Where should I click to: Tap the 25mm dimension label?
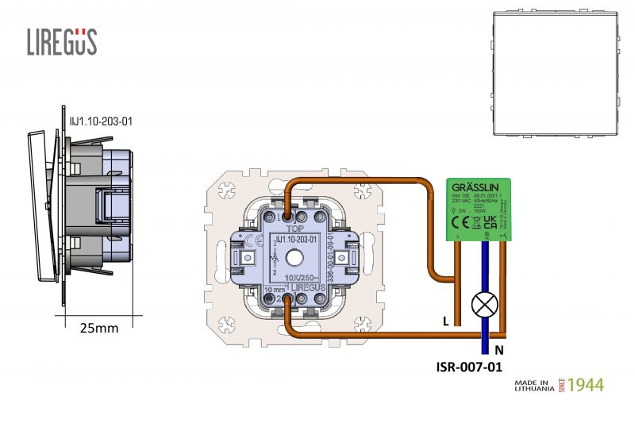100,328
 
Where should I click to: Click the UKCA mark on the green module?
490,221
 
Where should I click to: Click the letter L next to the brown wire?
446,320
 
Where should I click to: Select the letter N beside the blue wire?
498,350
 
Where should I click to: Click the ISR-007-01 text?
469,367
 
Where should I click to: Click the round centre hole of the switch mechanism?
297,258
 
